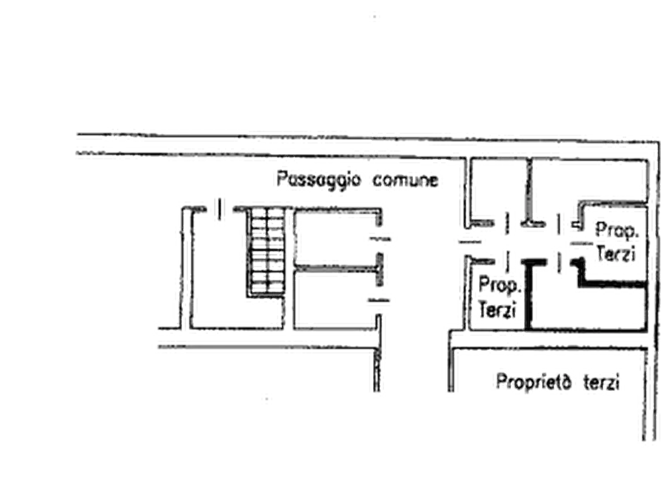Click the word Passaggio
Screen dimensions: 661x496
coord(319,180)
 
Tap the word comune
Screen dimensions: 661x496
coord(406,180)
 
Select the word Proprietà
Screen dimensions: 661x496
coord(534,382)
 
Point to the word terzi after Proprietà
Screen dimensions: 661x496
coord(602,383)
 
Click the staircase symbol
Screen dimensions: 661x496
coord(266,252)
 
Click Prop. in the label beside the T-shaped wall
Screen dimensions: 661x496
coord(500,286)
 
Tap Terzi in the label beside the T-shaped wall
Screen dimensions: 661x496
coord(497,309)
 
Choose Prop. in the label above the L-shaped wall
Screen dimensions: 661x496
coord(617,231)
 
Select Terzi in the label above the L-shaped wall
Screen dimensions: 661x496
coord(616,254)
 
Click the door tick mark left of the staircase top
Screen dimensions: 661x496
coord(219,210)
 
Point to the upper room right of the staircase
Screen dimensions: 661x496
coord(335,238)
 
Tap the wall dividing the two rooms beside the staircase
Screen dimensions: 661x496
coord(336,268)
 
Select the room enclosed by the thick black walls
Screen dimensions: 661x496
coord(588,308)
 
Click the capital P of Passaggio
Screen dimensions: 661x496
coord(281,178)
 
